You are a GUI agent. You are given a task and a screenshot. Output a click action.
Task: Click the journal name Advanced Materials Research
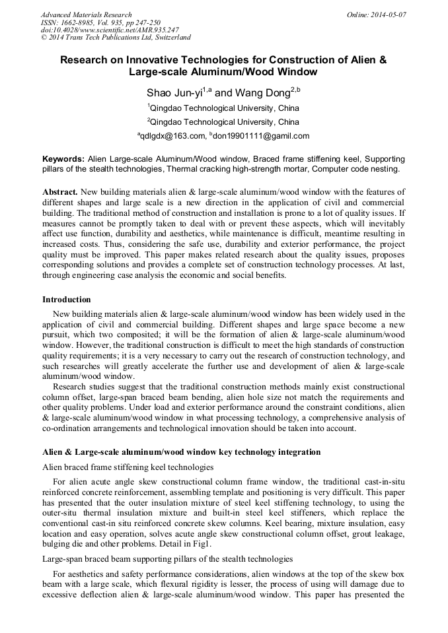[x=86, y=15]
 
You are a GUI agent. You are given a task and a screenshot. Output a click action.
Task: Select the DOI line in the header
[x=110, y=30]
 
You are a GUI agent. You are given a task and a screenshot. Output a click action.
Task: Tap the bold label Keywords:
[x=63, y=160]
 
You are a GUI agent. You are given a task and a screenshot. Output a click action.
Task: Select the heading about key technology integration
[x=181, y=452]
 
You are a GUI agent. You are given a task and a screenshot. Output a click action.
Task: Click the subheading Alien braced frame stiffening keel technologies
[x=128, y=467]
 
